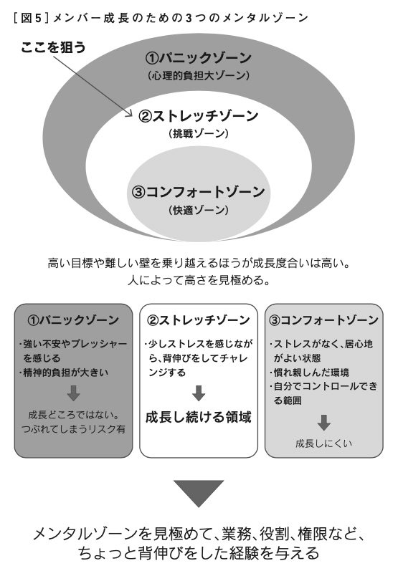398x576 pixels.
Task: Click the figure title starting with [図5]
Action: tap(161, 18)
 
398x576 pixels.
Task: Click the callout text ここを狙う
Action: tap(53, 47)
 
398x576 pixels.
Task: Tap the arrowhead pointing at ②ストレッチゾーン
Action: tap(129, 113)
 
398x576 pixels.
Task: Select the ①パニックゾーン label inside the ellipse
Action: tap(199, 58)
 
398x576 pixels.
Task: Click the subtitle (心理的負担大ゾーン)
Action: tap(199, 76)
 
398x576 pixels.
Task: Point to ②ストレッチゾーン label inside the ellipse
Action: tap(199, 116)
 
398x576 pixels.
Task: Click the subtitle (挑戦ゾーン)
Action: tap(199, 133)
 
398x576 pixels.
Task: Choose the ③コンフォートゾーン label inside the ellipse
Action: tap(199, 192)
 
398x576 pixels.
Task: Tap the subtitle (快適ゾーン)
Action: tap(199, 210)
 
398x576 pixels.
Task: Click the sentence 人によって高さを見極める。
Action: tap(199, 281)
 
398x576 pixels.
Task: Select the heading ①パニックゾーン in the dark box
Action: tap(73, 320)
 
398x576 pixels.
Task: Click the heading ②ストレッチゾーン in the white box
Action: tap(199, 320)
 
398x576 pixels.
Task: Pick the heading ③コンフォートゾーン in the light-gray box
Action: tap(323, 320)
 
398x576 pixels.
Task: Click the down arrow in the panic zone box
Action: tap(74, 393)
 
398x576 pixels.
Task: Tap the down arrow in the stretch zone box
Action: tap(199, 393)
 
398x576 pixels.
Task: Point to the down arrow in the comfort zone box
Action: tap(323, 423)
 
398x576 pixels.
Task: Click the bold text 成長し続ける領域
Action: tap(199, 417)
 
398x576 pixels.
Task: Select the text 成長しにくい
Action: tap(323, 443)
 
